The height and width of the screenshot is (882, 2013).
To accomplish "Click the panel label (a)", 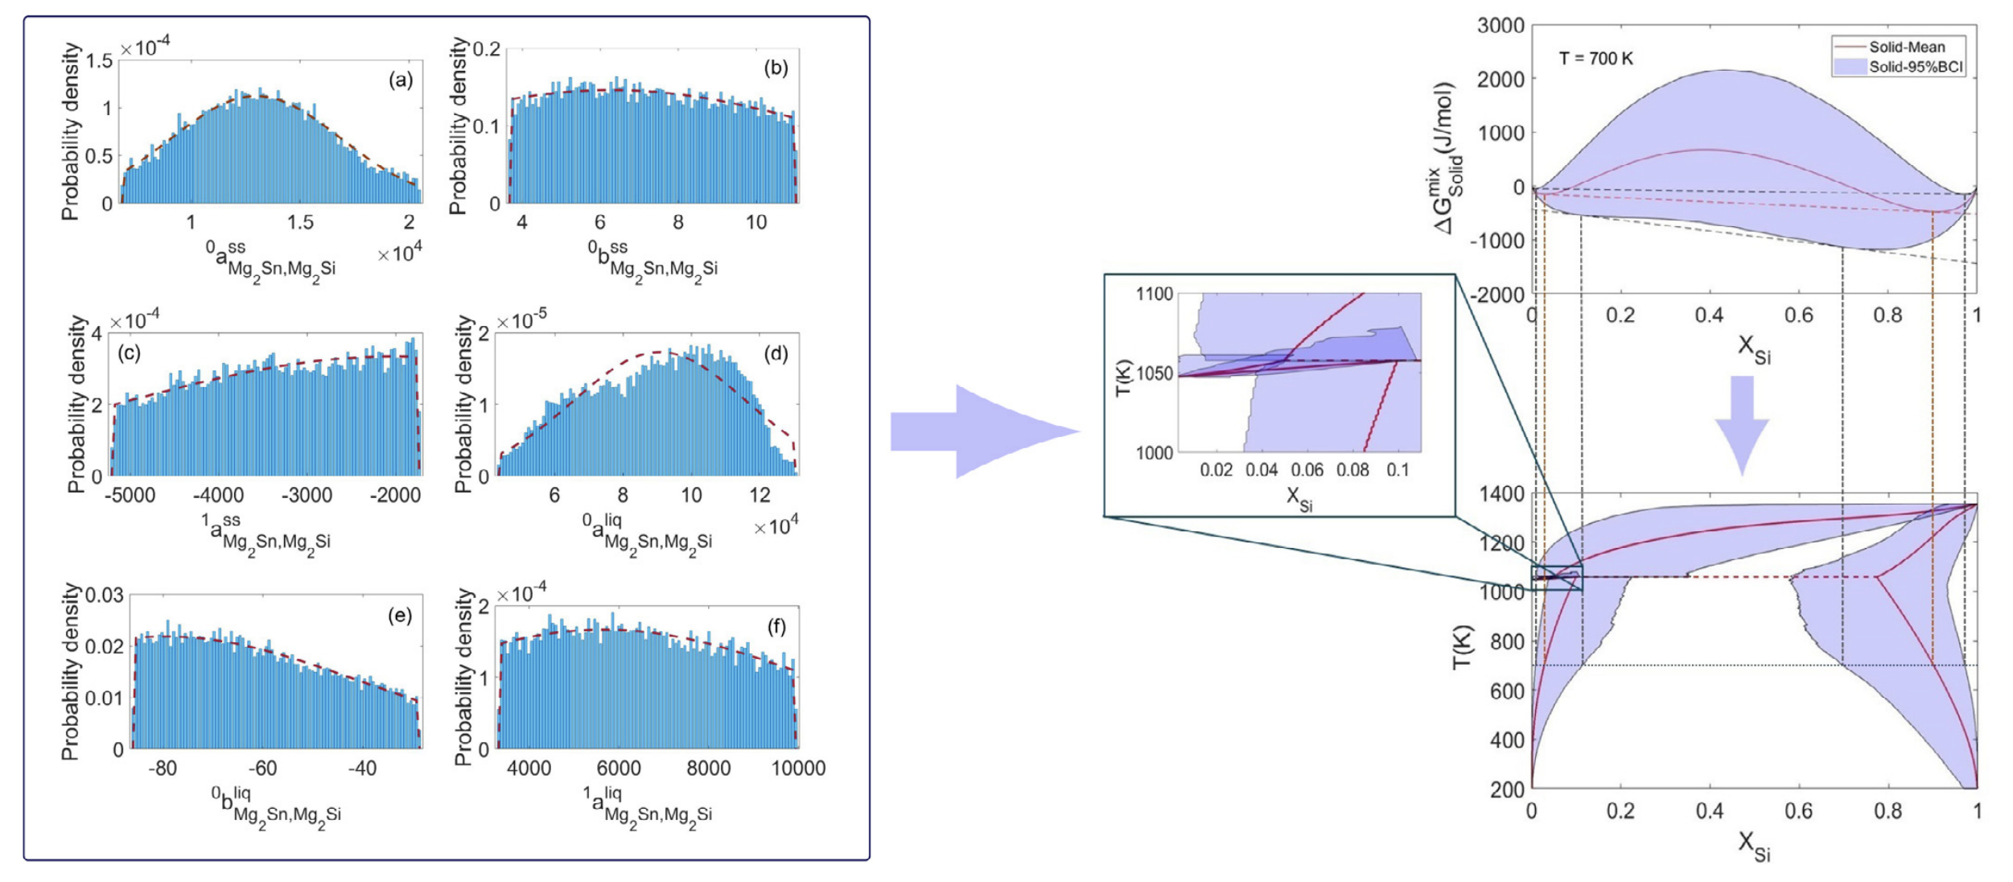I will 401,80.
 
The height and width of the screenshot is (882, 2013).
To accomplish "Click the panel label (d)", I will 776,354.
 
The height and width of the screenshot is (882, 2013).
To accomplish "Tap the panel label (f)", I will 776,627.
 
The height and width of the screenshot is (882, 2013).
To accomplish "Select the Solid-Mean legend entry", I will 1905,47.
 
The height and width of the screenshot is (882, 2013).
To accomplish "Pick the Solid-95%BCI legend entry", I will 1915,67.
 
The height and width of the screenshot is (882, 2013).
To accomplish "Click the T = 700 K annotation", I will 1595,59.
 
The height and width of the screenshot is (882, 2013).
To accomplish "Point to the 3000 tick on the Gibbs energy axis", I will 1500,26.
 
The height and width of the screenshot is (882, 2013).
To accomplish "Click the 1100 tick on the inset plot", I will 1155,294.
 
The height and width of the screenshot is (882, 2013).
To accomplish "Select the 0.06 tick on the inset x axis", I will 1307,469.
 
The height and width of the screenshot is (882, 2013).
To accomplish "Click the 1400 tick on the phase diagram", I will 1501,493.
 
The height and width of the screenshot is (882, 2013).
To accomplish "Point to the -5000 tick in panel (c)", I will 130,495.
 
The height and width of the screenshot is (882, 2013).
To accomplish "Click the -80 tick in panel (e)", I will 163,769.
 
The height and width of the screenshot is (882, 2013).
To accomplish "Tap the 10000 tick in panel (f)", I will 798,769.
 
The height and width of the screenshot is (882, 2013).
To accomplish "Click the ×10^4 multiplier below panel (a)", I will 400,254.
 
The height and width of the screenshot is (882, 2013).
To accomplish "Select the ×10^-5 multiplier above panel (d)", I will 521,321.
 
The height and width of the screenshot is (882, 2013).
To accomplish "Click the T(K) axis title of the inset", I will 1123,377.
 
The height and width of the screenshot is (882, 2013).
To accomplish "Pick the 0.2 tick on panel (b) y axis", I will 487,49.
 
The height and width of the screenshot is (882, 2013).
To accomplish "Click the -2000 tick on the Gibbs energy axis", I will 1498,295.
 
